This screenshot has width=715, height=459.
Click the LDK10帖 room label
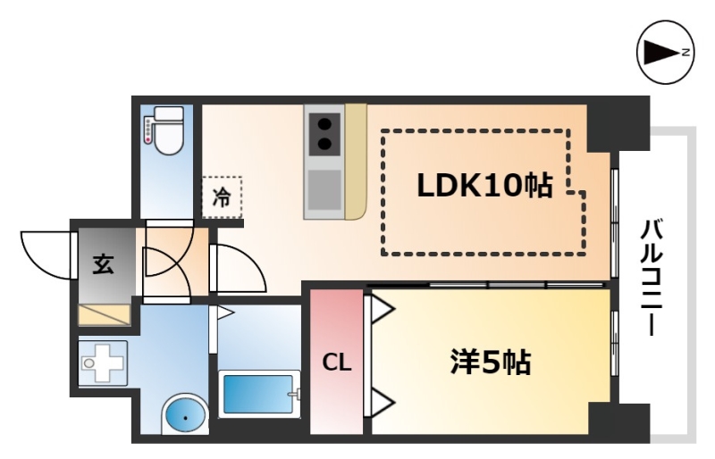(484, 186)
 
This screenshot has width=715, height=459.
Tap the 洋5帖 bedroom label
(491, 363)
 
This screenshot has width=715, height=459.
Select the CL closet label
(337, 363)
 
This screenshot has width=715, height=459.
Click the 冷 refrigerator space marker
(222, 197)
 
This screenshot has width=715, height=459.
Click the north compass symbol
(666, 53)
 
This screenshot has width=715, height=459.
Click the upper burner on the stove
(324, 124)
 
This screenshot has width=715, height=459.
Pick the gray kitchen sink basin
(324, 189)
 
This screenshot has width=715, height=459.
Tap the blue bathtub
(258, 394)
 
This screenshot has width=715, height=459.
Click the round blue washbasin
(185, 416)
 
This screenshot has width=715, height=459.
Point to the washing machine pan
(103, 363)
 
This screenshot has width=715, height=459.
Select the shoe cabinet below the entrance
(105, 315)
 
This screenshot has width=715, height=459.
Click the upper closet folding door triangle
(383, 310)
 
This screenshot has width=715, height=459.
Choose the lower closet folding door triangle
(383, 403)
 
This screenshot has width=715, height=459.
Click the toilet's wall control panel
(148, 129)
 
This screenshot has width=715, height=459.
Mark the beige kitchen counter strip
(356, 162)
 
